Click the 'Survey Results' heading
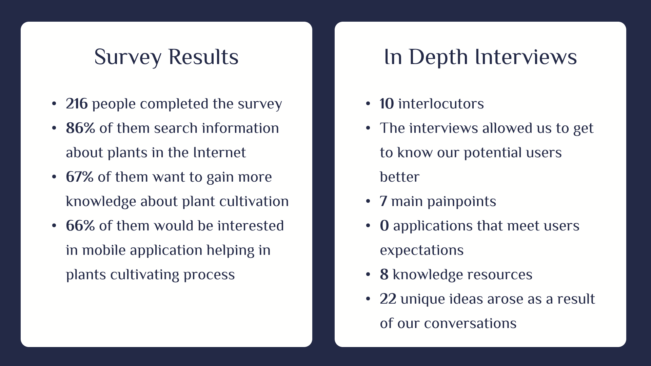click(166, 57)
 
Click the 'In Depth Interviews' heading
click(480, 57)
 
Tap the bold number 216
click(77, 104)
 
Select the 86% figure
click(80, 128)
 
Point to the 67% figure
click(79, 177)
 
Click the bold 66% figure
click(80, 226)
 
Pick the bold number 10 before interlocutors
click(387, 104)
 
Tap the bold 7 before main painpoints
click(383, 201)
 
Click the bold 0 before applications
click(384, 226)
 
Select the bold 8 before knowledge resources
click(384, 274)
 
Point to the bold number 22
click(388, 299)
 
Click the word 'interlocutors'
click(441, 104)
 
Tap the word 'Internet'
click(219, 152)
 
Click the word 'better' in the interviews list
click(399, 177)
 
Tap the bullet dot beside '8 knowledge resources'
click(368, 274)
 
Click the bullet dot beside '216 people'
click(54, 104)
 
